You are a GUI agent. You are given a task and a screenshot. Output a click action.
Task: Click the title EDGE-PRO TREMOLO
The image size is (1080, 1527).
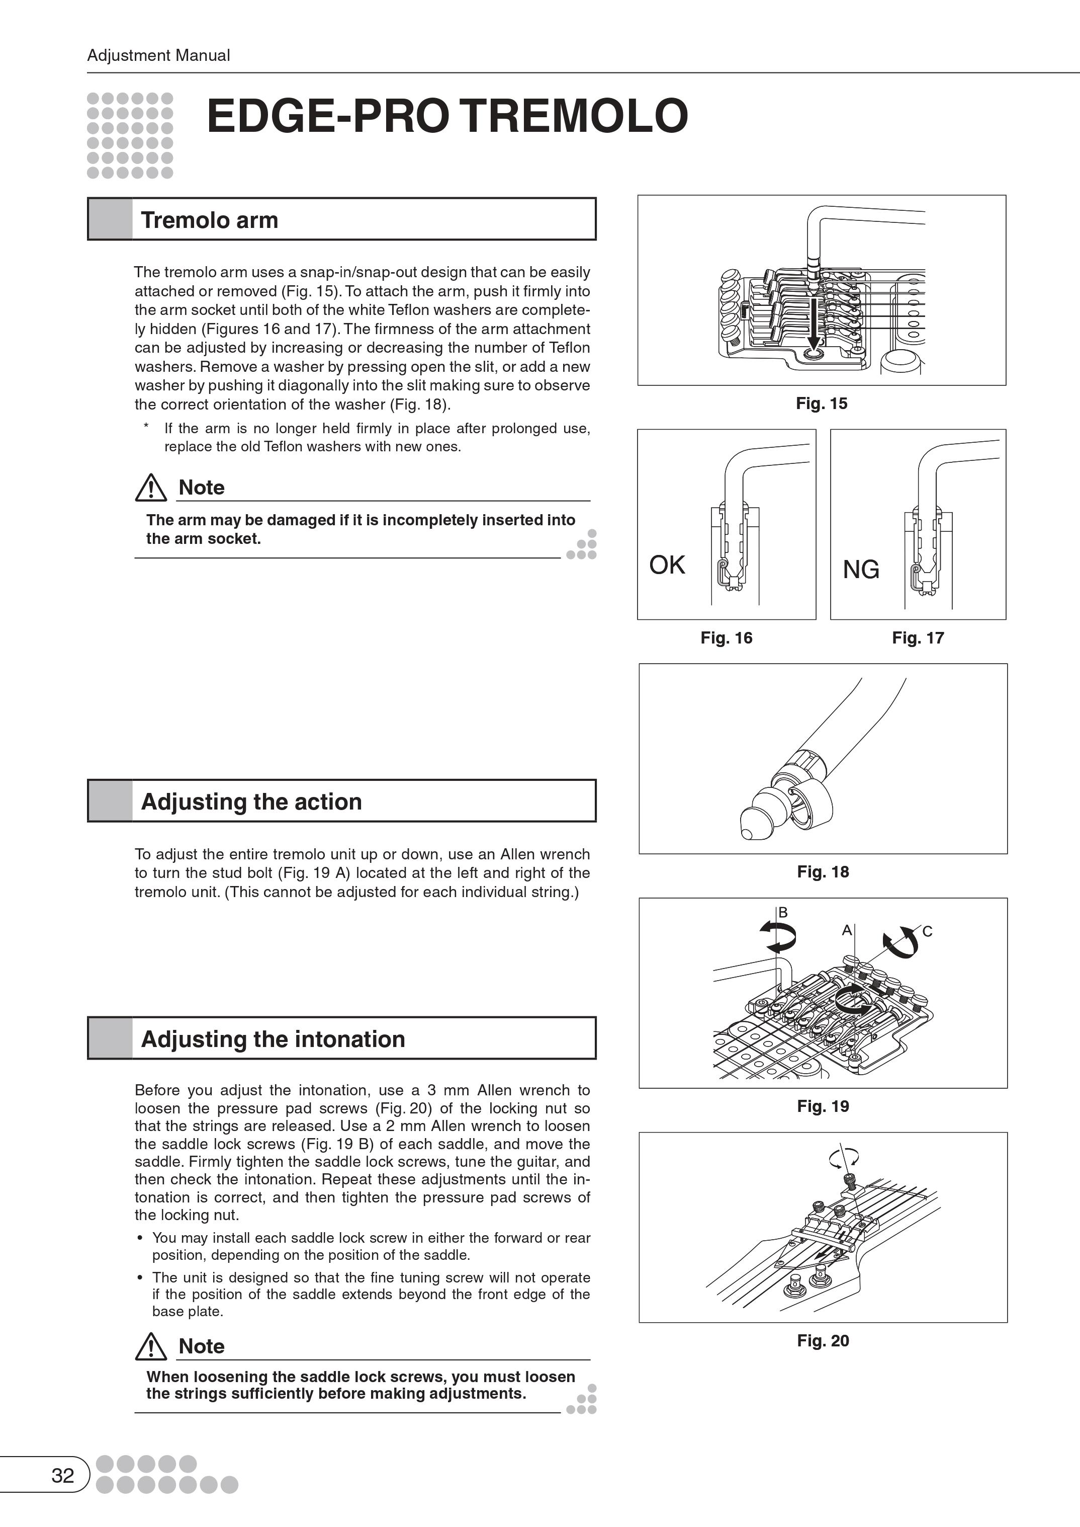coord(447,116)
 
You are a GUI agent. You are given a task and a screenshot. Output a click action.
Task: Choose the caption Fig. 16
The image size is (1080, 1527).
coord(726,637)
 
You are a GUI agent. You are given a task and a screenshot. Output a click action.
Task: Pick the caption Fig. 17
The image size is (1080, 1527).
coord(918,637)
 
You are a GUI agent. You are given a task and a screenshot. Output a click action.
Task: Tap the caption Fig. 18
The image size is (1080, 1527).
coord(823,871)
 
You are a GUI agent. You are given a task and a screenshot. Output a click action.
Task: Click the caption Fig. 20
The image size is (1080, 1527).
coord(823,1341)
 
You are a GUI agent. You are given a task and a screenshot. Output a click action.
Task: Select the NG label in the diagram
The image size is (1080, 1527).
coord(861,570)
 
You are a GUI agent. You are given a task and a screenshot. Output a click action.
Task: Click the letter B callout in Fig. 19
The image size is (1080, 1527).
coord(783,912)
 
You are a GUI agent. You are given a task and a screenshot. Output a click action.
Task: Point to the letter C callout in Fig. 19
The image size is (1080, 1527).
coord(927,931)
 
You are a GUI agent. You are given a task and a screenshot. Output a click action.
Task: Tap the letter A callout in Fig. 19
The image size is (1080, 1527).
coord(847,930)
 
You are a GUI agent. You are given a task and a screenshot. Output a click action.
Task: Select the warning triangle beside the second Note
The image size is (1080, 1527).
coord(151,1347)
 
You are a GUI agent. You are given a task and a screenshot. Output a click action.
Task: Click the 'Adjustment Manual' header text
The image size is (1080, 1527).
coord(158,55)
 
